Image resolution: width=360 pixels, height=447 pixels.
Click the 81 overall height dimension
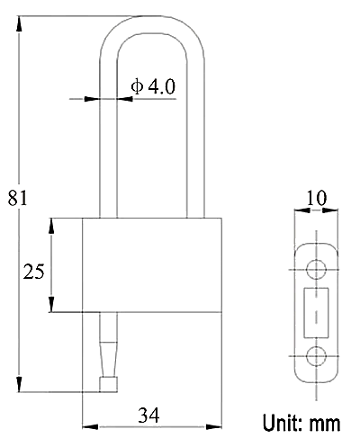tap(17, 198)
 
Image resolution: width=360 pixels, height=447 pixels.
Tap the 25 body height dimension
tap(33, 272)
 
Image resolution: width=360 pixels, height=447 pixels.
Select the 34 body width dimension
tap(148, 416)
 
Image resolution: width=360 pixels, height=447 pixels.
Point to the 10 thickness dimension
tap(317, 198)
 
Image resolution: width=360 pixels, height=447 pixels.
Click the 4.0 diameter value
tap(162, 86)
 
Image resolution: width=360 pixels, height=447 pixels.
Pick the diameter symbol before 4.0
tap(137, 86)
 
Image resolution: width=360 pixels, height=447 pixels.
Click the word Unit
tap(283, 423)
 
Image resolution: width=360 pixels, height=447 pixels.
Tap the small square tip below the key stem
tap(108, 384)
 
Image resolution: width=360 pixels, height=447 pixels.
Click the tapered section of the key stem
tap(108, 359)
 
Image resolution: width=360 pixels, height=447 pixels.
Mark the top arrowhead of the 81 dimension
tap(19, 23)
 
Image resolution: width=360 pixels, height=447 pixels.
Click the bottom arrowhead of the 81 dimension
tap(19, 384)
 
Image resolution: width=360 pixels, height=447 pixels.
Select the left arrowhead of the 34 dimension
tap(90, 426)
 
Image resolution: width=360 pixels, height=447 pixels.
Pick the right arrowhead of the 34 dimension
tap(214, 426)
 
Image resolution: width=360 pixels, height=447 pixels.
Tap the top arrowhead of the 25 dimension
tap(51, 226)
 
